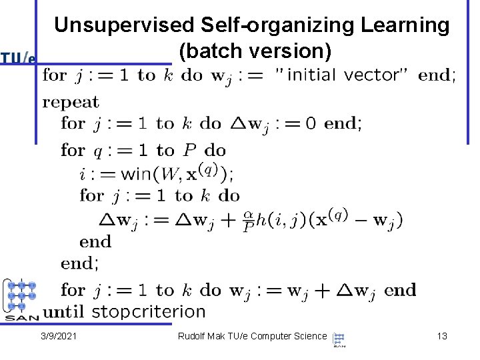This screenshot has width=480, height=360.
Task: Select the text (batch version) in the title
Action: coord(254,51)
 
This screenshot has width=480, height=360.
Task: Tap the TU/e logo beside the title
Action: coord(18,58)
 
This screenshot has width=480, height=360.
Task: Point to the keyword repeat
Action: coord(71,103)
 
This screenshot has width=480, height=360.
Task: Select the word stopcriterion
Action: coord(148,311)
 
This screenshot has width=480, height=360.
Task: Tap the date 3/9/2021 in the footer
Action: coord(59,337)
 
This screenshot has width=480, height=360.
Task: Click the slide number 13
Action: coord(441,337)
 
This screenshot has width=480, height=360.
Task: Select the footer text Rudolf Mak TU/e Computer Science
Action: coord(252,337)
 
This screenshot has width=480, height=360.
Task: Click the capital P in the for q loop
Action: coord(189,151)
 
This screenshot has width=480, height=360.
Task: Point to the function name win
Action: coord(136,174)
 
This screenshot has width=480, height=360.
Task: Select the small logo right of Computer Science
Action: coord(339,339)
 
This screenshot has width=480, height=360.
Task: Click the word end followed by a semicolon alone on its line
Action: coord(79,263)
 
